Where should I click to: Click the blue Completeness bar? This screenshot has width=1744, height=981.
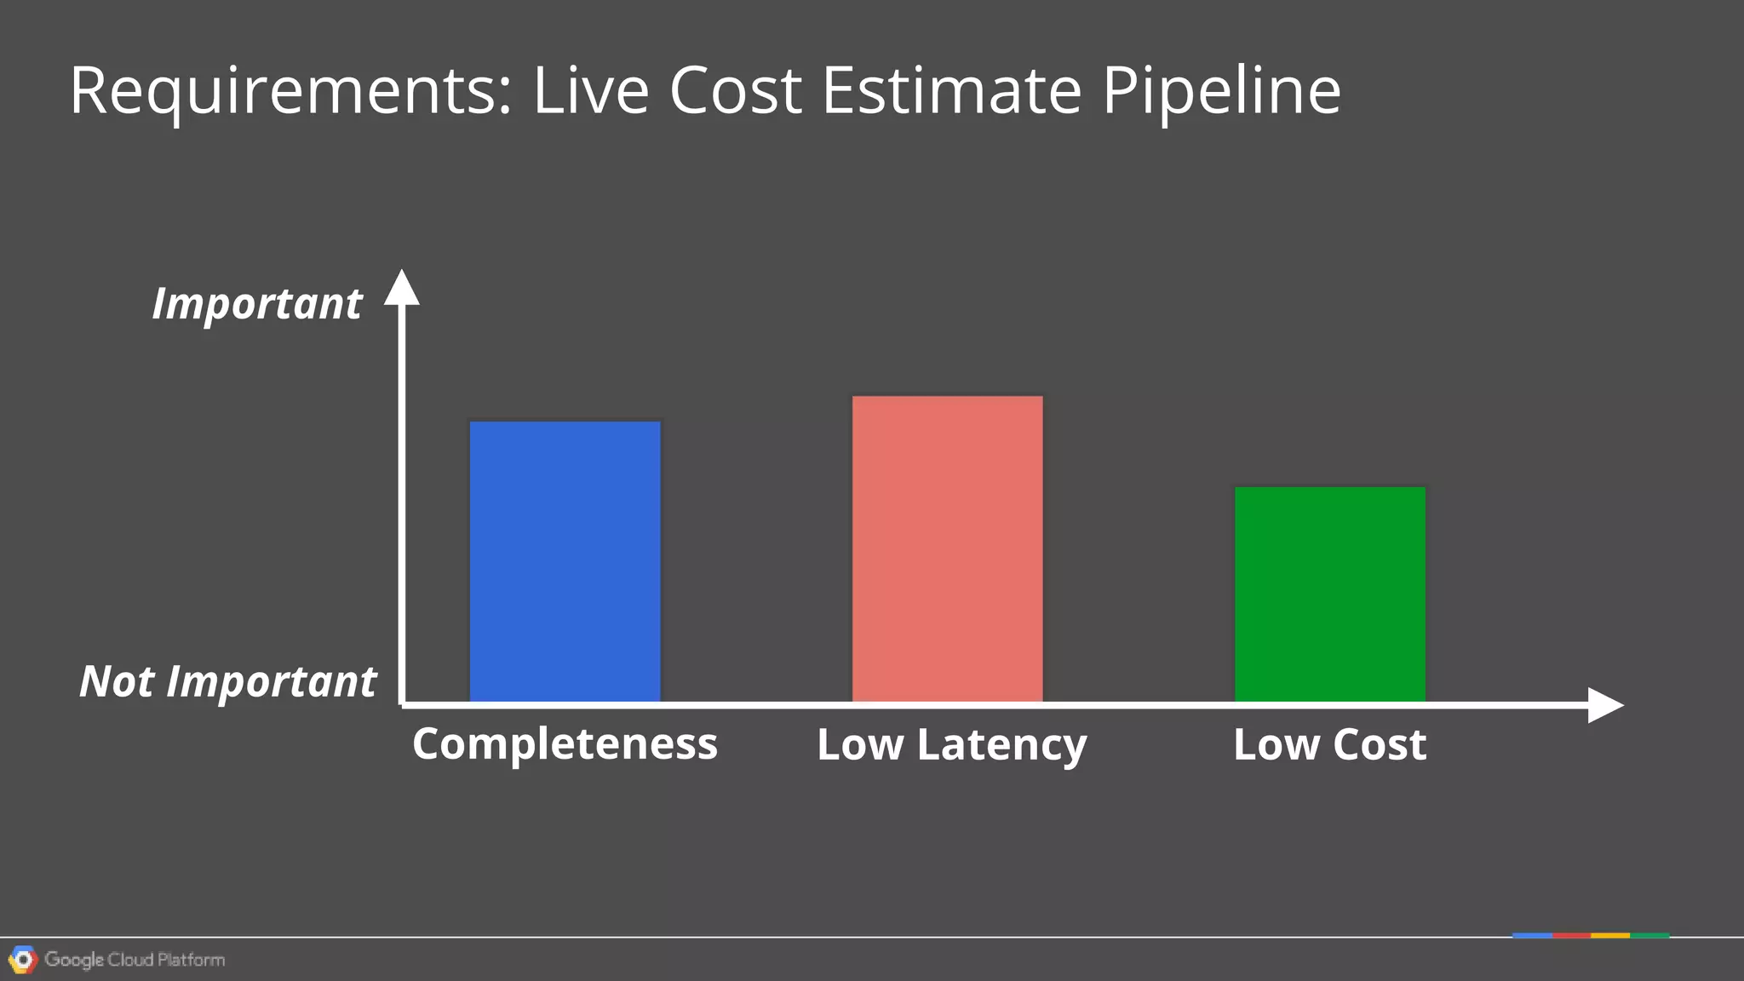pos(565,561)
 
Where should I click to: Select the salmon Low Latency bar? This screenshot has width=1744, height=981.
pos(947,548)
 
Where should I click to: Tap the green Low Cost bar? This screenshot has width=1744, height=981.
pos(1329,594)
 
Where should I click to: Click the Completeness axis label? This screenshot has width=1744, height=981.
pos(565,743)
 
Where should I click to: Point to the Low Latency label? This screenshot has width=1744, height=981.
pos(951,745)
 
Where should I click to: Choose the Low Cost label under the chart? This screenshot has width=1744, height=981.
pos(1329,744)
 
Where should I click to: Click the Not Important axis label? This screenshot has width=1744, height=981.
pos(227,681)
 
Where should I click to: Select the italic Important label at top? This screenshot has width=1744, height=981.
pos(256,304)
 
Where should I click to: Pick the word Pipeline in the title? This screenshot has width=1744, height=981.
pos(1221,91)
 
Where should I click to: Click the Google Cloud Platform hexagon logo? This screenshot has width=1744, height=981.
pos(23,960)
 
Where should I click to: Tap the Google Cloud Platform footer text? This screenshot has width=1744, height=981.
pos(135,960)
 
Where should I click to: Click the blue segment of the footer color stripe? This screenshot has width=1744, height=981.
pos(1532,936)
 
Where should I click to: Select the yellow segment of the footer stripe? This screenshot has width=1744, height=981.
pos(1610,936)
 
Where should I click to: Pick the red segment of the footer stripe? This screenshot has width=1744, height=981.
pos(1571,936)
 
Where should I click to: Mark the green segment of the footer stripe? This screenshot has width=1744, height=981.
pos(1649,936)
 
